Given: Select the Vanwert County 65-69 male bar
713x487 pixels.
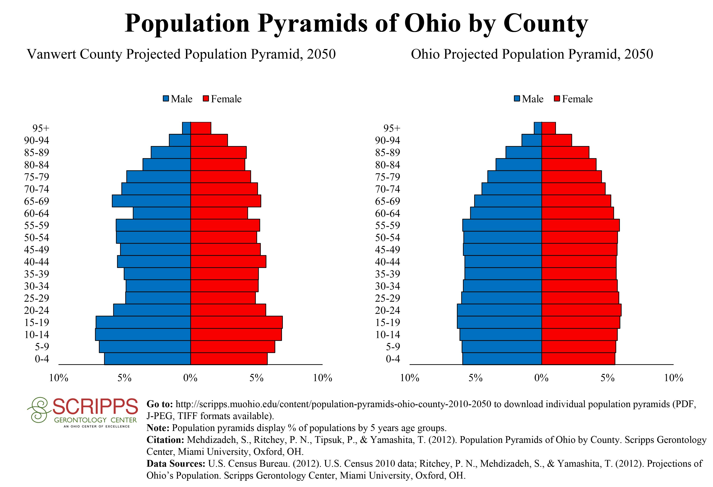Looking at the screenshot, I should (151, 201).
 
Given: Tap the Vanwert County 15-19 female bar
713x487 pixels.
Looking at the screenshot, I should (236, 322).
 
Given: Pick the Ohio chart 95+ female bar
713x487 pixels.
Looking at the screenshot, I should (549, 128).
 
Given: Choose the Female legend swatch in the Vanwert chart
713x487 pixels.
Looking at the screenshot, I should (206, 99).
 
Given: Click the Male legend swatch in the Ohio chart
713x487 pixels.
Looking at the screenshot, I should (517, 99).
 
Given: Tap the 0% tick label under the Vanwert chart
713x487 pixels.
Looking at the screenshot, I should (191, 378).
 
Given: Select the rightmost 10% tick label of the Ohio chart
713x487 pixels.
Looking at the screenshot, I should (673, 378).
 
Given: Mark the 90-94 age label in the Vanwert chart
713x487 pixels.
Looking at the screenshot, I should (37, 140).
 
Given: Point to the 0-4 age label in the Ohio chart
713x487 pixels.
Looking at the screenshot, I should (393, 359).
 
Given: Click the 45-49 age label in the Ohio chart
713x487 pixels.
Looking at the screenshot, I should (387, 250).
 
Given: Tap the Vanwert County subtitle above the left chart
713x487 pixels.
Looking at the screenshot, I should (181, 54).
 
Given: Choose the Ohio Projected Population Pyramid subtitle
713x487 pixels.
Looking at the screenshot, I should (532, 54).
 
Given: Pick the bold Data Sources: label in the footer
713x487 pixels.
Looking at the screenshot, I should (176, 464).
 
